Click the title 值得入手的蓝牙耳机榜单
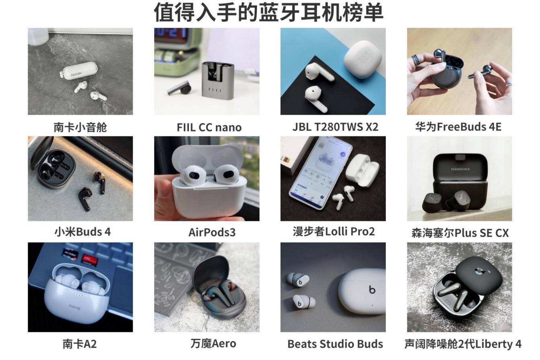click(268, 12)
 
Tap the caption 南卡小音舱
click(80, 127)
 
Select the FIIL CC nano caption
click(209, 128)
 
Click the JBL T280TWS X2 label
click(335, 127)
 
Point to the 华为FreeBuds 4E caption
click(458, 127)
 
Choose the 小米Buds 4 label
click(82, 232)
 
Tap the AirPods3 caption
click(212, 232)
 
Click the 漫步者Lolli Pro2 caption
click(334, 232)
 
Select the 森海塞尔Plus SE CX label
click(460, 233)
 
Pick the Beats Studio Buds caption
click(335, 344)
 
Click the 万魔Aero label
click(213, 344)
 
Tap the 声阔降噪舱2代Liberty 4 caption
click(463, 344)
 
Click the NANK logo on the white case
click(76, 74)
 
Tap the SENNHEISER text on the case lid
click(460, 169)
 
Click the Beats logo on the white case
click(372, 289)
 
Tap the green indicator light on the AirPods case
click(212, 198)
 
